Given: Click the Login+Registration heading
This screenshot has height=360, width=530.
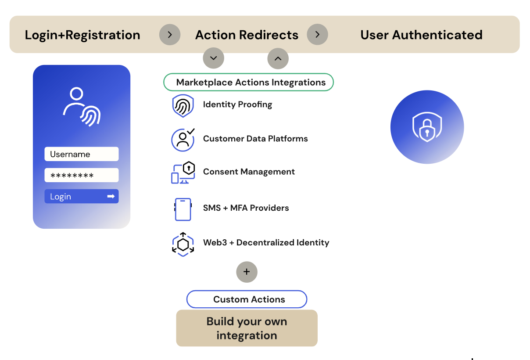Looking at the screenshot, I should coord(82,35).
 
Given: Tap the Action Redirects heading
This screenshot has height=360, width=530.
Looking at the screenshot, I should coord(247,35).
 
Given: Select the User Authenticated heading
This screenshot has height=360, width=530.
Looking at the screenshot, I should coord(421,35).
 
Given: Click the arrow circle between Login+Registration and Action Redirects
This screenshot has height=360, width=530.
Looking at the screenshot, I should coord(170,35).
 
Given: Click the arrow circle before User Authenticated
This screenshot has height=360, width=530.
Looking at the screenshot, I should coord(318,35).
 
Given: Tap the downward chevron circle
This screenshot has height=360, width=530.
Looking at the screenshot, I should coord(214,58).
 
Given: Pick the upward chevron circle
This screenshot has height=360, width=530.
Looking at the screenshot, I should coord(278,58).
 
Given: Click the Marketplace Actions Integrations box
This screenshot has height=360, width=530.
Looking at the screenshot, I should coord(249,82).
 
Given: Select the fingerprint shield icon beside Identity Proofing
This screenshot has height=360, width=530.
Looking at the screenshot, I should coord(183,106).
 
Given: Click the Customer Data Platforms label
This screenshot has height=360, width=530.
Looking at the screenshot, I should coord(255,139).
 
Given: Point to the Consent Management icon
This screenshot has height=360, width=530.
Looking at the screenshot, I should coord(183,173).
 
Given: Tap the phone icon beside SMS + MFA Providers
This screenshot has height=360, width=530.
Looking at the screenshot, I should coord(183,209).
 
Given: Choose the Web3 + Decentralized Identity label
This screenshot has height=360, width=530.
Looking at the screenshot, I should coord(266,242).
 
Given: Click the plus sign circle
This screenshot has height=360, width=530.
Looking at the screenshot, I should coord(247,272).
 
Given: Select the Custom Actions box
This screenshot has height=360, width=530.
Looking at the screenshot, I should coord(247,299).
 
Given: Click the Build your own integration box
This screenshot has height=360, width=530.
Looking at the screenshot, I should coord(247,328).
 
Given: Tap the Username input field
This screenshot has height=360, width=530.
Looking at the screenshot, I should coord(82,154).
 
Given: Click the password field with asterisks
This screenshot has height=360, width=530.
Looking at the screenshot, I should coord(82,175).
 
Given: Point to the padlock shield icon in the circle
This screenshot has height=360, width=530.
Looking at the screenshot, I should coord(427,127).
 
